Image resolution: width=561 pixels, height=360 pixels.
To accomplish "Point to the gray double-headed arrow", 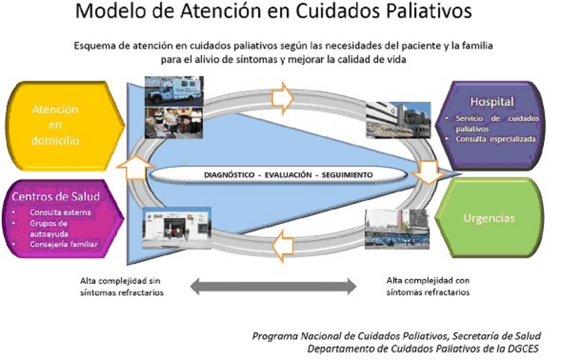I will [x=273, y=287].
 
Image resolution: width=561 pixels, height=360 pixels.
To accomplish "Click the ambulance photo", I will [x=173, y=91].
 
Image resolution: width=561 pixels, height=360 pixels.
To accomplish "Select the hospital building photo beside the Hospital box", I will [x=397, y=119].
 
